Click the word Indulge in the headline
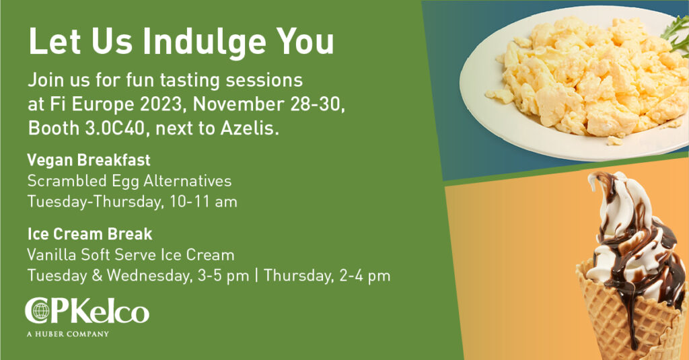(204, 42)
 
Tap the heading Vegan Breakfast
(89, 160)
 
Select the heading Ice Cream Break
(89, 234)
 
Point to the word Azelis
(250, 129)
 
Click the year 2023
(161, 104)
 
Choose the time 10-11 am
(203, 202)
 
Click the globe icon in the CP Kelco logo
(40, 311)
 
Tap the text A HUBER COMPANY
(68, 334)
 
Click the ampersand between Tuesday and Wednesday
(97, 276)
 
